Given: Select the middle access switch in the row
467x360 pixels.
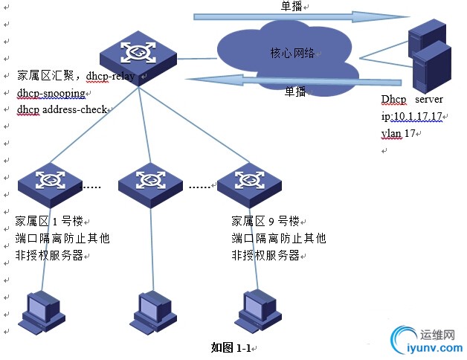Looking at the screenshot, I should pos(151,182).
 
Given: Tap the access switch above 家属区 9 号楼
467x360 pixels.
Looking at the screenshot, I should pos(249,182).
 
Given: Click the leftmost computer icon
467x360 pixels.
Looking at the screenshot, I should pos(42,312).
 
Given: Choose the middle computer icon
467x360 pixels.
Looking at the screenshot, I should pos(152,312).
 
